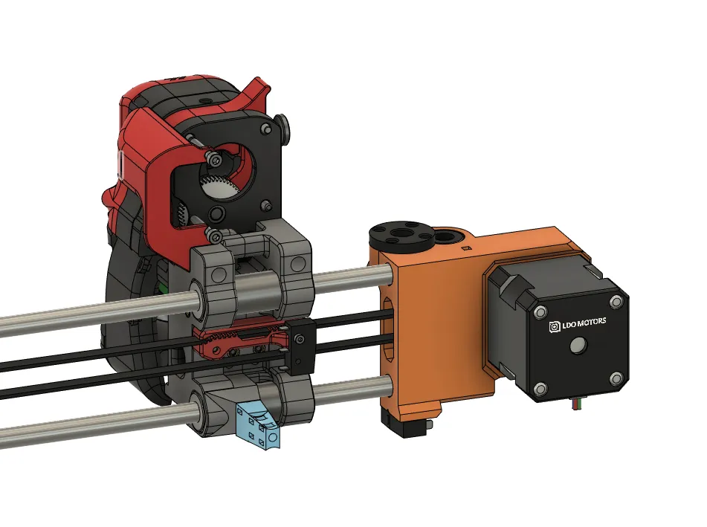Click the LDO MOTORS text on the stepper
[x=585, y=322]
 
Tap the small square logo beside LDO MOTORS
[x=554, y=325]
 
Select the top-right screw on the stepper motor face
[x=616, y=302]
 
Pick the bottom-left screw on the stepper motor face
[x=541, y=387]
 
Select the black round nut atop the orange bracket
[x=393, y=236]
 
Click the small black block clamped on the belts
[x=299, y=346]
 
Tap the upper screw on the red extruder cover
[x=216, y=159]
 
